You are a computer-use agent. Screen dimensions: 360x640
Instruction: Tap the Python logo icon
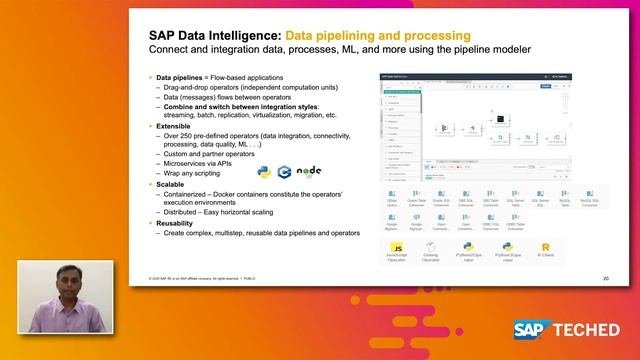(263, 173)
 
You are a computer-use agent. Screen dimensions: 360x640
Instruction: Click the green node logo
(311, 171)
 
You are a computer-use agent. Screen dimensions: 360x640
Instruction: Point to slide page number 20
(606, 277)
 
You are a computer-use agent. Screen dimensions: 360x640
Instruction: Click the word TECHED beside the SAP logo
(597, 330)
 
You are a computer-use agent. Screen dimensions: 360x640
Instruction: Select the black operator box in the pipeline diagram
(498, 119)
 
